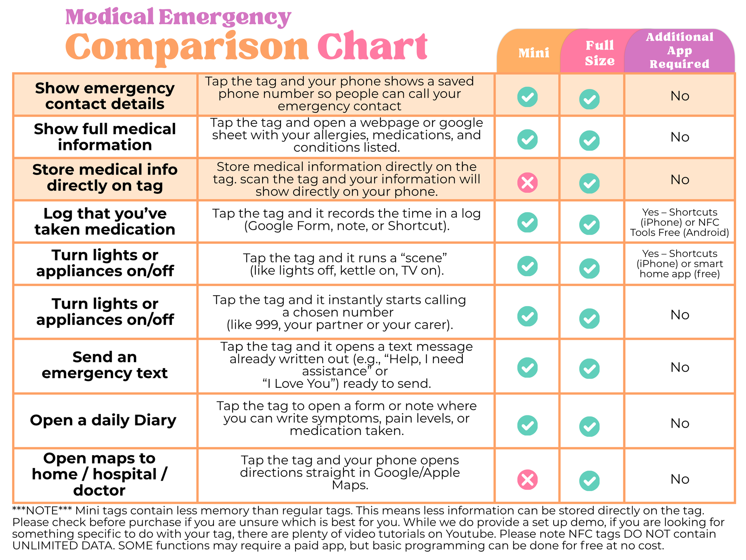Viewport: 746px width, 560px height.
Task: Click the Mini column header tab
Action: click(x=533, y=53)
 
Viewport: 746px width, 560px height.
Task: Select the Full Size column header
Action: click(x=600, y=53)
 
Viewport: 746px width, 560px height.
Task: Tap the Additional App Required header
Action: click(x=679, y=51)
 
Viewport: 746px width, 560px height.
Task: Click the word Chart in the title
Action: click(x=372, y=47)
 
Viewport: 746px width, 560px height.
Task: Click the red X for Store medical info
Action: click(x=527, y=183)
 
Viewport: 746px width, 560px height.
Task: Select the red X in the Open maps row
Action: click(x=527, y=479)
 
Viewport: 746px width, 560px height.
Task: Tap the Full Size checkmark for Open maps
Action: click(x=589, y=481)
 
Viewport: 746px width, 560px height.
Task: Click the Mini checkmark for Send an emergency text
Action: click(x=527, y=367)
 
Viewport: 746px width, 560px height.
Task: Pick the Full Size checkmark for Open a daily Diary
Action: click(x=589, y=426)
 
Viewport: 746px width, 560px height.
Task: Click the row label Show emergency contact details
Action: click(x=105, y=96)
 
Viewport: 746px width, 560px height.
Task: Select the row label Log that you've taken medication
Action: click(x=105, y=221)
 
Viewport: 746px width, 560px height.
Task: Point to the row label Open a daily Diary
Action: click(x=103, y=420)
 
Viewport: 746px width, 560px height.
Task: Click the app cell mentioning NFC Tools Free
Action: click(x=679, y=222)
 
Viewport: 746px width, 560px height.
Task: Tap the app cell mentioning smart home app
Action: click(x=679, y=264)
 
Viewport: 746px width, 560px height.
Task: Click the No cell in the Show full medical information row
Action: click(x=679, y=137)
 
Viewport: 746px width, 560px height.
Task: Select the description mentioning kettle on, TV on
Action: click(x=346, y=265)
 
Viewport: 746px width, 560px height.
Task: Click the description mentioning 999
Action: click(x=340, y=313)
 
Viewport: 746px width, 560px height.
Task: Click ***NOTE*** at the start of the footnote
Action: click(x=42, y=511)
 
